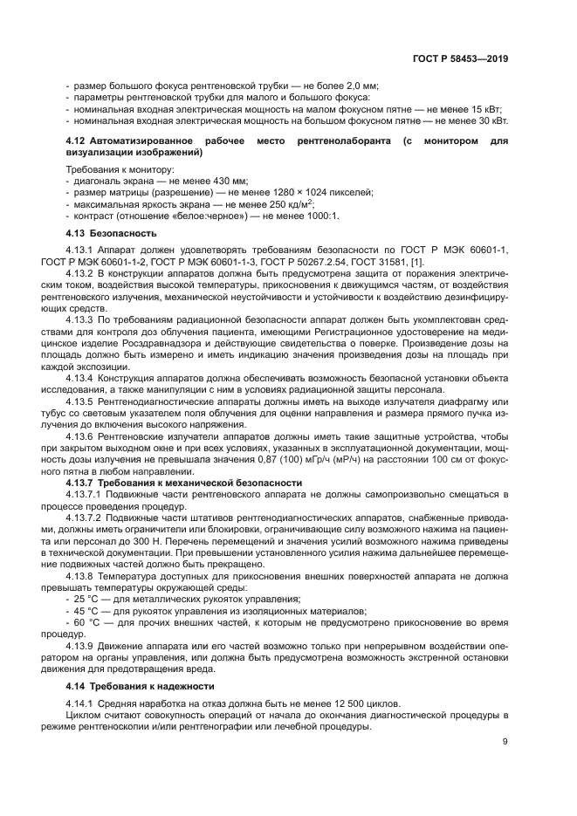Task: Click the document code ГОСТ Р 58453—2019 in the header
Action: (x=461, y=59)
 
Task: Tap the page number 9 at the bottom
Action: (x=505, y=742)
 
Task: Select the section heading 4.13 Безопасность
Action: (x=112, y=234)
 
